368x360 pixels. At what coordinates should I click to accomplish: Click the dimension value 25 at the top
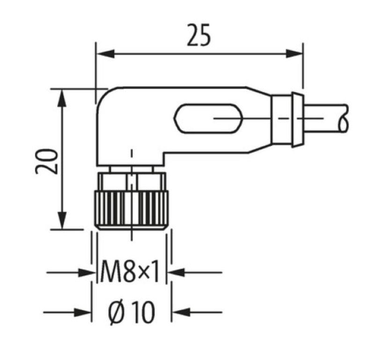pos(199,37)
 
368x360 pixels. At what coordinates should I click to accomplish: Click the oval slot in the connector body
pos(209,118)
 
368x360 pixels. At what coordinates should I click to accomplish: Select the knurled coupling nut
pos(132,209)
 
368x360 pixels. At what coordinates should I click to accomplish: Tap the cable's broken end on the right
pos(346,118)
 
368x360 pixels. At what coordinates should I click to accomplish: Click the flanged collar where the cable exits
pos(296,120)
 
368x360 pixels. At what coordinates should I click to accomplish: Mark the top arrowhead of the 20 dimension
pos(62,95)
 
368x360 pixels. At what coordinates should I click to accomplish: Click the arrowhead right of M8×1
pos(176,271)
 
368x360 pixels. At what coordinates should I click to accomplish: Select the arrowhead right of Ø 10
pos(179,311)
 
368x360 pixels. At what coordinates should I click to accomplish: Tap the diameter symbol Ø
pos(116,312)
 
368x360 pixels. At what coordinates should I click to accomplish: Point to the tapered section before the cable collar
pos(260,120)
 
